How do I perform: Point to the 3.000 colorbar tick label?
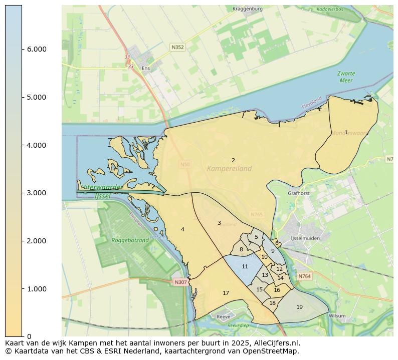coord(36,193)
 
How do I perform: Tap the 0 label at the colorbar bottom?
coord(29,336)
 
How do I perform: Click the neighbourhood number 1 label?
coord(346,132)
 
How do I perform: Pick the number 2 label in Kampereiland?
coord(233,160)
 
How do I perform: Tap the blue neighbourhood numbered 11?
coord(245,267)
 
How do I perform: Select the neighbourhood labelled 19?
coord(299,307)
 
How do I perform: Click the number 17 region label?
coord(226,293)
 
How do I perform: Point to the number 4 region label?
coord(182,229)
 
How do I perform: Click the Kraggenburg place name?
coord(248,9)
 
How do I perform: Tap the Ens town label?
coord(146,68)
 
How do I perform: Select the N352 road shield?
coord(177,47)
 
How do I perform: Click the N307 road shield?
coord(180,282)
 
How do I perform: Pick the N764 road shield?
coord(304,276)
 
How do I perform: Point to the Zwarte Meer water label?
coord(346,77)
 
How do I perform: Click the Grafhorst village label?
coord(299,193)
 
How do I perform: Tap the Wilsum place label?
coord(337,316)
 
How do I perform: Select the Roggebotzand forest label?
coord(131,240)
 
